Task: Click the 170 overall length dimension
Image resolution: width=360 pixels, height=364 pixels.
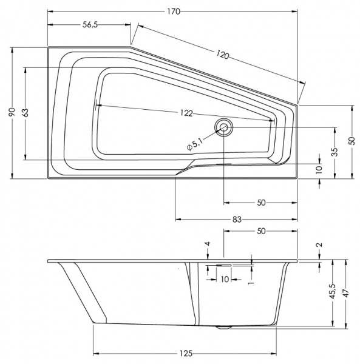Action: (174, 12)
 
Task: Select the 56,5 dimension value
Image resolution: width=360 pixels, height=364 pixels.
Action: (90, 24)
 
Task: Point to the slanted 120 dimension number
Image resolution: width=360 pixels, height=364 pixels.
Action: (222, 55)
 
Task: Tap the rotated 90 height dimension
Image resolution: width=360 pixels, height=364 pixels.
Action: (12, 112)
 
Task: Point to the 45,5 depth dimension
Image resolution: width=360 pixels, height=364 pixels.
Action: (333, 293)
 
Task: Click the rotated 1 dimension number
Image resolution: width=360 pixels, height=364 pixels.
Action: (251, 279)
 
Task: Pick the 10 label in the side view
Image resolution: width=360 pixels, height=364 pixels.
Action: (224, 279)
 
